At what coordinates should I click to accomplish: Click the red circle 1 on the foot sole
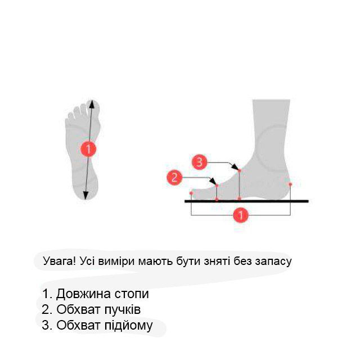point(88,148)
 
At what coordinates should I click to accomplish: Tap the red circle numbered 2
point(174,178)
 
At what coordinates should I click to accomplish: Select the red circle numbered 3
point(199,162)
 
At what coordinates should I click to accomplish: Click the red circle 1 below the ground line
point(241,215)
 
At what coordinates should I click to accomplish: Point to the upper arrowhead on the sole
point(92,104)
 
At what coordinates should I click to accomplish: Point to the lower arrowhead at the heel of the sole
point(85,195)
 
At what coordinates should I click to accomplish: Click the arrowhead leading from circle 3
point(235,167)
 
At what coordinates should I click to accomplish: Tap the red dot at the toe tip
point(191,193)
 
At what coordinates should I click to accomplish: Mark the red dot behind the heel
point(290,184)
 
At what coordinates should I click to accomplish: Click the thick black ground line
point(246,201)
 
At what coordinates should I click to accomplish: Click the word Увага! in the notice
point(59,261)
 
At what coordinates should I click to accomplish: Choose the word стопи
point(132,294)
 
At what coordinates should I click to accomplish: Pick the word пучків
point(123,310)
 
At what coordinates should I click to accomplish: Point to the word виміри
point(116,262)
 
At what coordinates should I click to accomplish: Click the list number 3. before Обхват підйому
point(47,325)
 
